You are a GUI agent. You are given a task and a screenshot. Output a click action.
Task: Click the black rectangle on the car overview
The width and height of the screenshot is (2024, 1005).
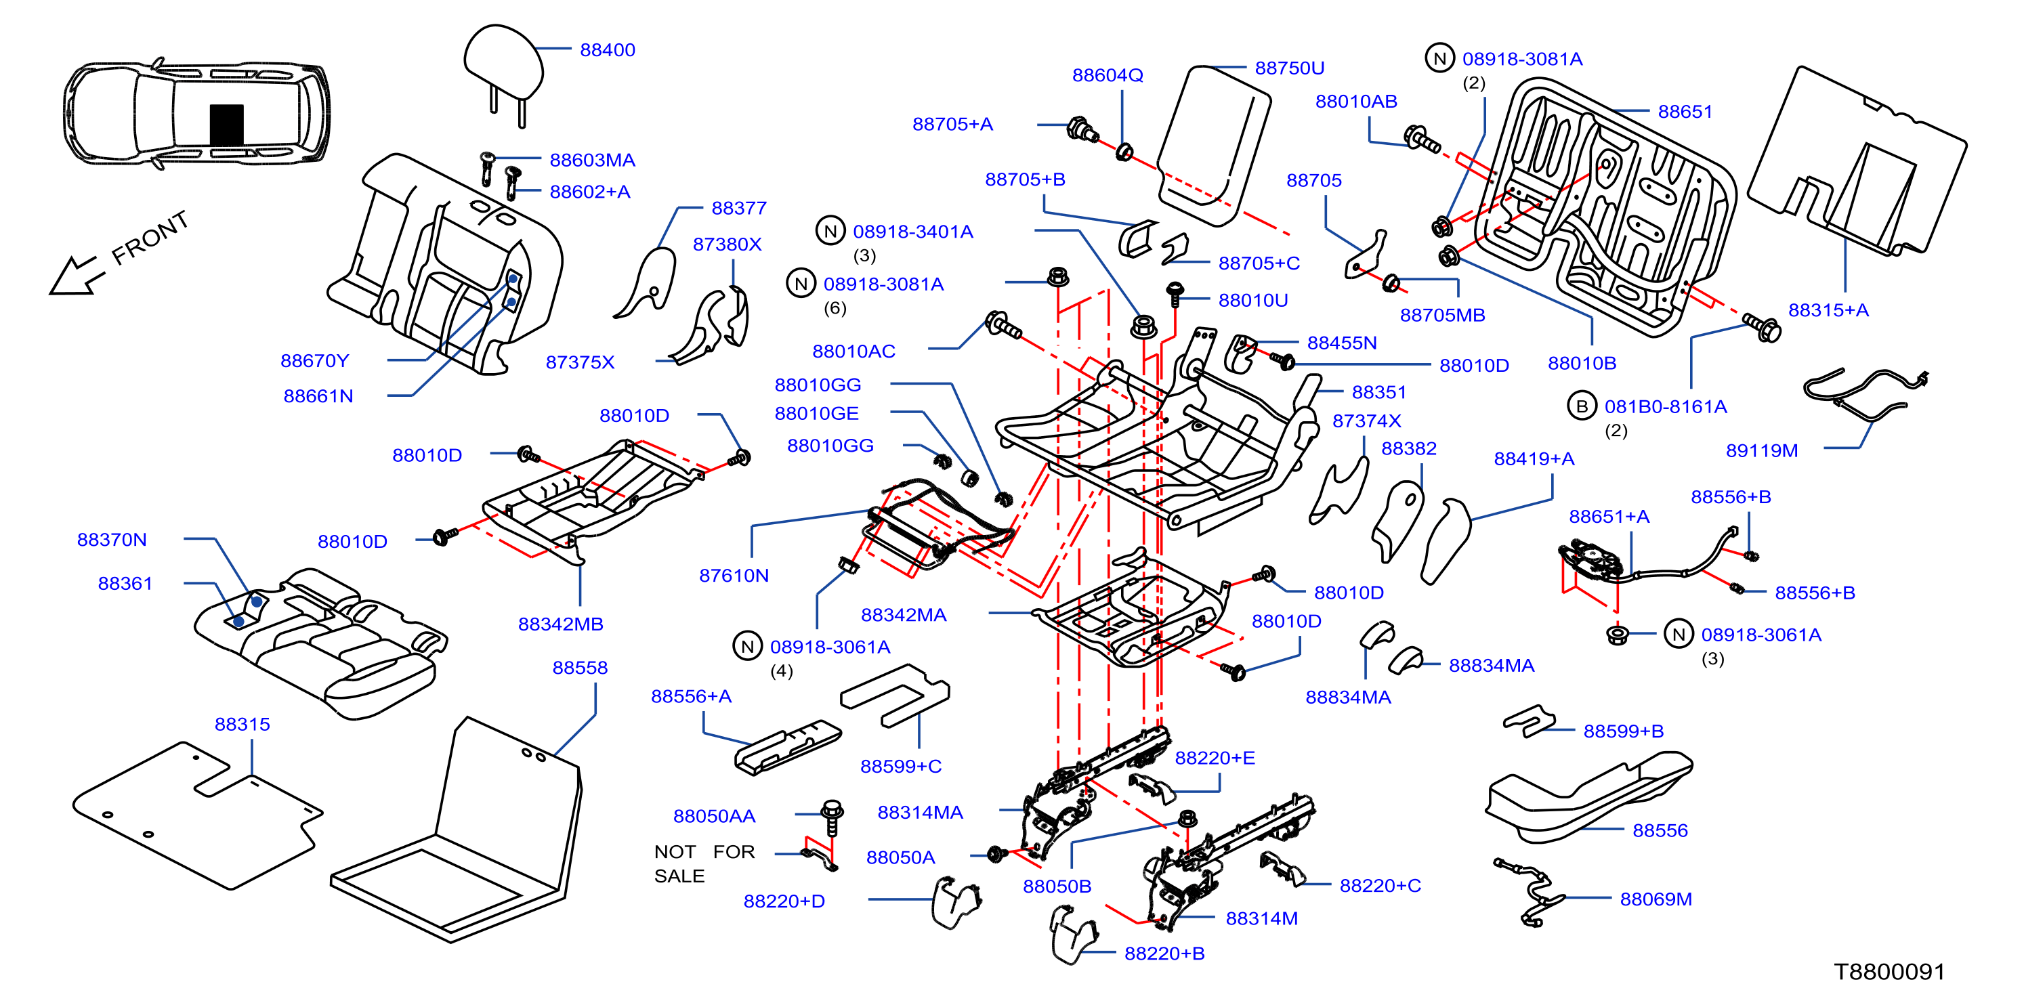[226, 124]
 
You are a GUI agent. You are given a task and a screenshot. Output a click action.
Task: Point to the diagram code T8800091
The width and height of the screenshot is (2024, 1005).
[1889, 972]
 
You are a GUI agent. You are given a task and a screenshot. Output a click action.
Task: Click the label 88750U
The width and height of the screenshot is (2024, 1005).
[1289, 68]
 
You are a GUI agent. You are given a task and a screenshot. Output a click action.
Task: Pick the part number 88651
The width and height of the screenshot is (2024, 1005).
[1685, 112]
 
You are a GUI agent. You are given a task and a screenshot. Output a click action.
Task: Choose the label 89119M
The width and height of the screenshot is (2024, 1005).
[1762, 450]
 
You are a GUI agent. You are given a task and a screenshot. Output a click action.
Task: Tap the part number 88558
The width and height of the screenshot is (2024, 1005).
[580, 667]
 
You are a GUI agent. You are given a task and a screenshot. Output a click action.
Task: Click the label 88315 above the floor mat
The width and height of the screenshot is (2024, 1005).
[242, 724]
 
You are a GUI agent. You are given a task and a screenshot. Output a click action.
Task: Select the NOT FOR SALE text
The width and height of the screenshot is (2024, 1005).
[704, 863]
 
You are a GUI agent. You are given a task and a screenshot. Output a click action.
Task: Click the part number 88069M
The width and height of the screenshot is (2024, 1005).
[1656, 899]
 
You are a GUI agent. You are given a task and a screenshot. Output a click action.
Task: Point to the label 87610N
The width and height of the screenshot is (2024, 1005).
[734, 575]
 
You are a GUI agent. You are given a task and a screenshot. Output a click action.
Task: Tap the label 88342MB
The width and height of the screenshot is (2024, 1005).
[560, 624]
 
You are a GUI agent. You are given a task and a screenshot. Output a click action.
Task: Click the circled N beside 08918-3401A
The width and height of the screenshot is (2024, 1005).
[830, 231]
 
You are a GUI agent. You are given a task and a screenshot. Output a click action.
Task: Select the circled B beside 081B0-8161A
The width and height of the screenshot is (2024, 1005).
[1582, 406]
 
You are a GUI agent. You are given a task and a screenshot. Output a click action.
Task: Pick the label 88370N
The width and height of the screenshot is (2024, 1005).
[112, 540]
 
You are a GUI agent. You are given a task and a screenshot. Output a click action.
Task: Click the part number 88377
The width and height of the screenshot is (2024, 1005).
[738, 208]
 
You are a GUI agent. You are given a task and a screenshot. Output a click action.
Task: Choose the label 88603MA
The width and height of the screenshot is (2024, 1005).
[593, 161]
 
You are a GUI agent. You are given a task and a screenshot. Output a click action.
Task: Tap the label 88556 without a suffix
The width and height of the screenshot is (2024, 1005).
[1660, 830]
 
